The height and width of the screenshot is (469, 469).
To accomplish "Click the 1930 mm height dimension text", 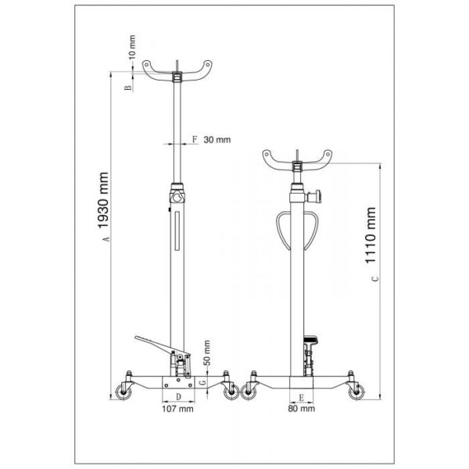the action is tap(103, 200).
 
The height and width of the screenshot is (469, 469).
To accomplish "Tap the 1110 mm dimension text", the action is tap(371, 235).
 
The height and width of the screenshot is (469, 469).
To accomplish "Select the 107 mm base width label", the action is tap(177, 409).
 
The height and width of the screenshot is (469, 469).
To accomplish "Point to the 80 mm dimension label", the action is tap(301, 408).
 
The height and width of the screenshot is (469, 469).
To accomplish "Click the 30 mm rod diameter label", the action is tap(217, 140).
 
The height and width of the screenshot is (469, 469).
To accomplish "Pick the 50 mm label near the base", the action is tap(206, 353).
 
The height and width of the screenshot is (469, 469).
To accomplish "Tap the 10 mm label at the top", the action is tap(131, 47).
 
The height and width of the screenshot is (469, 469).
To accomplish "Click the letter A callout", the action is tap(106, 239).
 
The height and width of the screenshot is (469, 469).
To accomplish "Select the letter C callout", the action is tap(375, 279).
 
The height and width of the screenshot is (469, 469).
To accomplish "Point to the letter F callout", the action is tap(195, 139).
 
